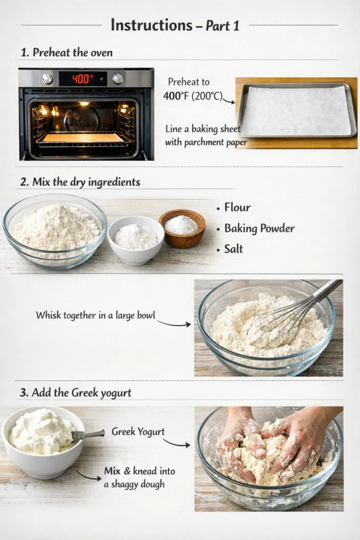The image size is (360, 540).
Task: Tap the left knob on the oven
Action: (x=47, y=79)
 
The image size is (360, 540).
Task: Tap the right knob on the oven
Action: (x=118, y=79)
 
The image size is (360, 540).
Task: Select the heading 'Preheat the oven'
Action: (x=73, y=52)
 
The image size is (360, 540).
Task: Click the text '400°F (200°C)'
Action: (x=193, y=96)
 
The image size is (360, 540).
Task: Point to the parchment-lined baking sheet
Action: (x=296, y=110)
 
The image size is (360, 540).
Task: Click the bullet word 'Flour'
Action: (x=237, y=207)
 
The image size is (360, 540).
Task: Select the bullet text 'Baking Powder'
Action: (x=259, y=228)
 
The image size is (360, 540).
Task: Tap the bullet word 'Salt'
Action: (x=233, y=249)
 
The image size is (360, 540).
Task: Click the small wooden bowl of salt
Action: (x=182, y=228)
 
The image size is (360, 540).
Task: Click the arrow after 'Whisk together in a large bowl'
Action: (x=174, y=324)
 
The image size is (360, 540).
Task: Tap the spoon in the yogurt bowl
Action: (x=88, y=435)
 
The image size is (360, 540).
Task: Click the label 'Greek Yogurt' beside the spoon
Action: (x=138, y=431)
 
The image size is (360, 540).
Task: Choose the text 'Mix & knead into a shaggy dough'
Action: (x=139, y=477)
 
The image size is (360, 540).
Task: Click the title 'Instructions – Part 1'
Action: (x=175, y=25)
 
